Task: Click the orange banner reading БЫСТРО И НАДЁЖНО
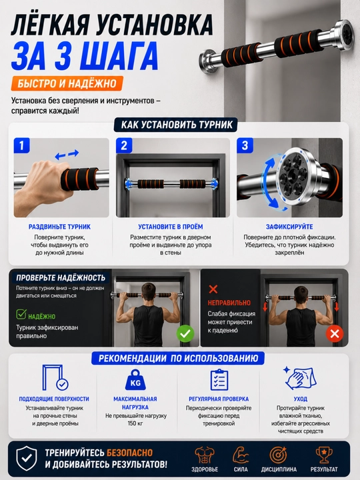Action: [x=67, y=83]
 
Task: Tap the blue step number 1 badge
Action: [x=22, y=145]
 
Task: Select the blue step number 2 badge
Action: [x=124, y=145]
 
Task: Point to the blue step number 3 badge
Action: [x=245, y=145]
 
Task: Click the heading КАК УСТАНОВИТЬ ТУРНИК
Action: [x=177, y=125]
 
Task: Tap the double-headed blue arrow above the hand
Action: [x=67, y=155]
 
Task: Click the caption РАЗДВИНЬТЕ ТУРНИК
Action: [x=60, y=227]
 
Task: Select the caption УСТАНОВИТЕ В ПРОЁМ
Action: [x=171, y=227]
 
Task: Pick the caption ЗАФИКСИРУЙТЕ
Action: [x=289, y=227]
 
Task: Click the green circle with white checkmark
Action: [x=185, y=334]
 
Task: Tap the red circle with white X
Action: [x=335, y=334]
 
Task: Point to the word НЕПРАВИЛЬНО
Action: [x=229, y=303]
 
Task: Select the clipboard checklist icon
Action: [x=219, y=379]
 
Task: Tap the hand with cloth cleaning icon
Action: [x=300, y=378]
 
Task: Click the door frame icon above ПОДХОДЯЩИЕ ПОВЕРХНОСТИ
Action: [x=55, y=377]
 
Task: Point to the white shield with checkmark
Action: [x=27, y=458]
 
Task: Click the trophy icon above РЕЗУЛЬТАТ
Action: [x=324, y=455]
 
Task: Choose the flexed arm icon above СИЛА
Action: [x=241, y=455]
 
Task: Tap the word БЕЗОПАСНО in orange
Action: [x=129, y=453]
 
